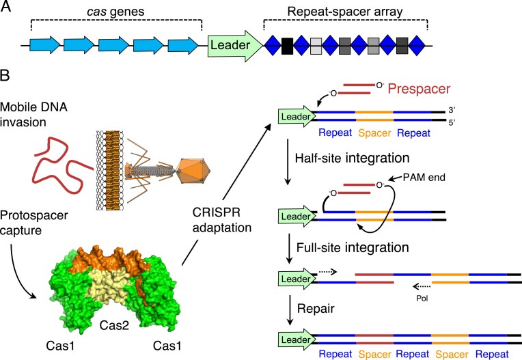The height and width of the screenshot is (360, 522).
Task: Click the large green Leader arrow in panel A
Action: coord(235,46)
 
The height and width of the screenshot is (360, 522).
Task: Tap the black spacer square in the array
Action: coord(287,46)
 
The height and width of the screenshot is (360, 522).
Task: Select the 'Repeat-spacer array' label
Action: coord(345,12)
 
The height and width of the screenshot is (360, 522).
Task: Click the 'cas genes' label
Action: coord(115,12)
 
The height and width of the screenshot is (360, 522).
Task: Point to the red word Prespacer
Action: coord(419,89)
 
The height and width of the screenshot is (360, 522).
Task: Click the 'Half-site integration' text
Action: coord(353,158)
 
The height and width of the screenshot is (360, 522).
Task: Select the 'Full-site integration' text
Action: coord(353,247)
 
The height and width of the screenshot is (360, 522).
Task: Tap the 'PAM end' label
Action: coord(424,178)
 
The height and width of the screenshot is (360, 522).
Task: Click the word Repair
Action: coord(316,309)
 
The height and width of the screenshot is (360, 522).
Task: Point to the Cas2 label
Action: coord(114,325)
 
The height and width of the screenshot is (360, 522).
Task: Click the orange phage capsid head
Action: coord(194,171)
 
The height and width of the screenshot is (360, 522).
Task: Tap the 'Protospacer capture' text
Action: coord(34,223)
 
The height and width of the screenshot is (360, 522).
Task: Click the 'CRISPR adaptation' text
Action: coord(222,220)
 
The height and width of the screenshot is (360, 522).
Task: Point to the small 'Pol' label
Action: coord(422,298)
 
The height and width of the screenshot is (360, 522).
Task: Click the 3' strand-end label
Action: coord(452,111)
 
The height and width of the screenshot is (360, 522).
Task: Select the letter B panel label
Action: coord(5,76)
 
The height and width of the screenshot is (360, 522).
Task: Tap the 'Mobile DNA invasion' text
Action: coord(33,115)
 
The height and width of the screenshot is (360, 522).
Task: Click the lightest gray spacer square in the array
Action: coord(316,46)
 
